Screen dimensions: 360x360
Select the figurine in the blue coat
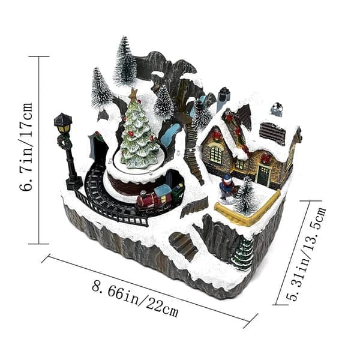click(227, 187)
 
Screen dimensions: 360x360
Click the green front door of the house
click(263, 176)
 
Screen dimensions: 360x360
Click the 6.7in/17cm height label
click(26, 147)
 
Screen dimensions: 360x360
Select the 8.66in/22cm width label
click(135, 299)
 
